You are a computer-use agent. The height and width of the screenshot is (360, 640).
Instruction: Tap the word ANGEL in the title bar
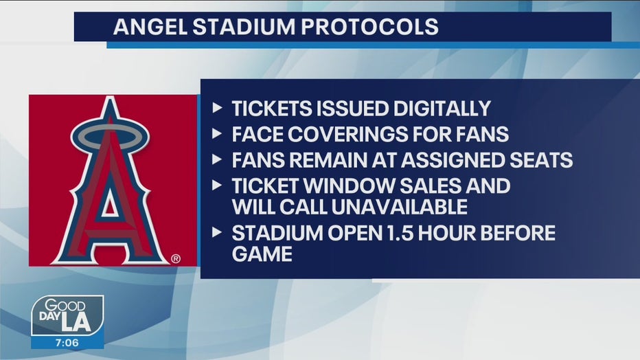150,27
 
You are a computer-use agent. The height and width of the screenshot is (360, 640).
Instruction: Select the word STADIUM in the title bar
244,27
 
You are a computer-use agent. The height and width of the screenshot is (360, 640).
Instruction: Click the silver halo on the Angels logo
110,135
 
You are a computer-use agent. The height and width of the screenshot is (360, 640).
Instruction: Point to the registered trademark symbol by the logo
176,258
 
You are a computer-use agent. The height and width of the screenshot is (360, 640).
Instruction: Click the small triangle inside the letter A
109,205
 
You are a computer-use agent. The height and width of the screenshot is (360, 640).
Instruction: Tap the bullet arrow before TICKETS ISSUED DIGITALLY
217,108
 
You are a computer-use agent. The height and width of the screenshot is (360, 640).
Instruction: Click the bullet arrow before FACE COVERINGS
217,133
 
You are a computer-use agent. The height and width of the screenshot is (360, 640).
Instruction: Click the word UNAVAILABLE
399,207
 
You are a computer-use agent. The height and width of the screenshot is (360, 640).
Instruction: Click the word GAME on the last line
262,254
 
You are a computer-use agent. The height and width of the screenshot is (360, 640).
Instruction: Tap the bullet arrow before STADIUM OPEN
217,232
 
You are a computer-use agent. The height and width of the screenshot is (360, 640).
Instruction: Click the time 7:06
67,343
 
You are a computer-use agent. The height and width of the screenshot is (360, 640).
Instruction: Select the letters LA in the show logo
76,322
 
